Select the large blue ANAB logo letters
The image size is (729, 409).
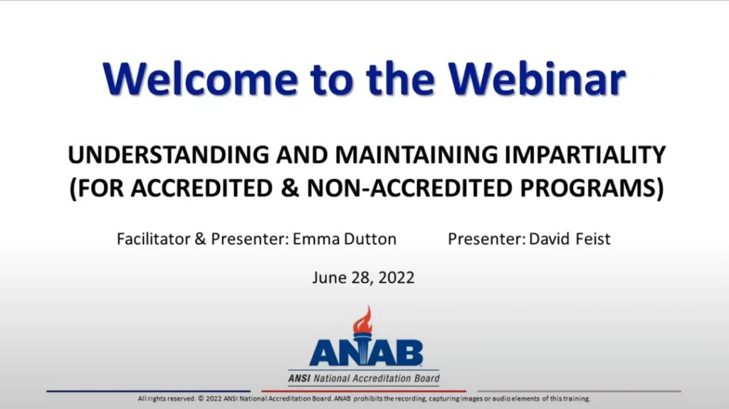365,353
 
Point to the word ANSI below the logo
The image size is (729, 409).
299,378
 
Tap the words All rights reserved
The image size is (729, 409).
166,399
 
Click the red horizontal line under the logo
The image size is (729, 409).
363,391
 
